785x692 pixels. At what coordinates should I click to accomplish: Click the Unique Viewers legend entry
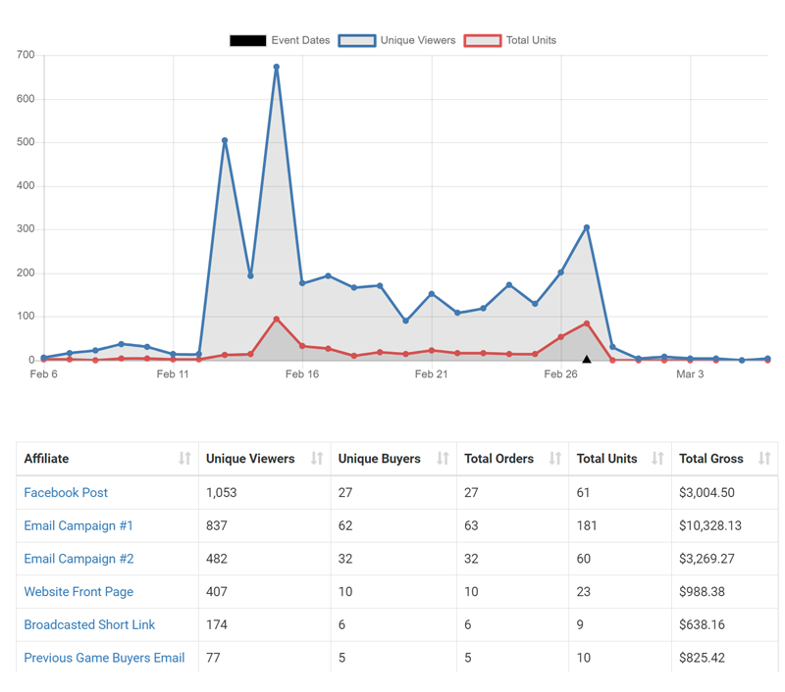pyautogui.click(x=396, y=40)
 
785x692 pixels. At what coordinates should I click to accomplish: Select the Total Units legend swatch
pyautogui.click(x=482, y=40)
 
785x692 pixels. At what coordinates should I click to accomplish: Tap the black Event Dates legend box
pyautogui.click(x=247, y=40)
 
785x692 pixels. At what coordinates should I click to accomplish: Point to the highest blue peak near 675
pyautogui.click(x=277, y=68)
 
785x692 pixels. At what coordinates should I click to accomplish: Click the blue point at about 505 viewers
pyautogui.click(x=225, y=141)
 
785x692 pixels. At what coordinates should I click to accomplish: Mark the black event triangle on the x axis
pyautogui.click(x=587, y=360)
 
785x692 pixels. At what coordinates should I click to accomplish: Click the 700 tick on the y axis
pyautogui.click(x=26, y=56)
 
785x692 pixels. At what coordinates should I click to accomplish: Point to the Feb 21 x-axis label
pyautogui.click(x=432, y=374)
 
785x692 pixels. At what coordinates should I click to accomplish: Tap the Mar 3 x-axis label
pyautogui.click(x=690, y=374)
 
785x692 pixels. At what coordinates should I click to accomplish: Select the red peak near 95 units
pyautogui.click(x=277, y=320)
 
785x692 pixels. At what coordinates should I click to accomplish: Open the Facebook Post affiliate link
pyautogui.click(x=66, y=493)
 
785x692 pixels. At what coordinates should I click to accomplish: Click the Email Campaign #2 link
pyautogui.click(x=78, y=559)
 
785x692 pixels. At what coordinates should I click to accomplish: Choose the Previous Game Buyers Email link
pyautogui.click(x=104, y=658)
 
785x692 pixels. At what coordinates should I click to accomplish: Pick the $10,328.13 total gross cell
pyautogui.click(x=712, y=526)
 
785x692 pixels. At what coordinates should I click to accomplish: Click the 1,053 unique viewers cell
pyautogui.click(x=222, y=493)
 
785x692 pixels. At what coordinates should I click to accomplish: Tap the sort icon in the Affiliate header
pyautogui.click(x=184, y=459)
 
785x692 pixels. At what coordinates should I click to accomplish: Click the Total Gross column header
pyautogui.click(x=711, y=459)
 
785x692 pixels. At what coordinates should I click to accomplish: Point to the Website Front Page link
pyautogui.click(x=78, y=592)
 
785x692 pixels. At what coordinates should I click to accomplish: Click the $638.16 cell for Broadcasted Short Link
pyautogui.click(x=704, y=625)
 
